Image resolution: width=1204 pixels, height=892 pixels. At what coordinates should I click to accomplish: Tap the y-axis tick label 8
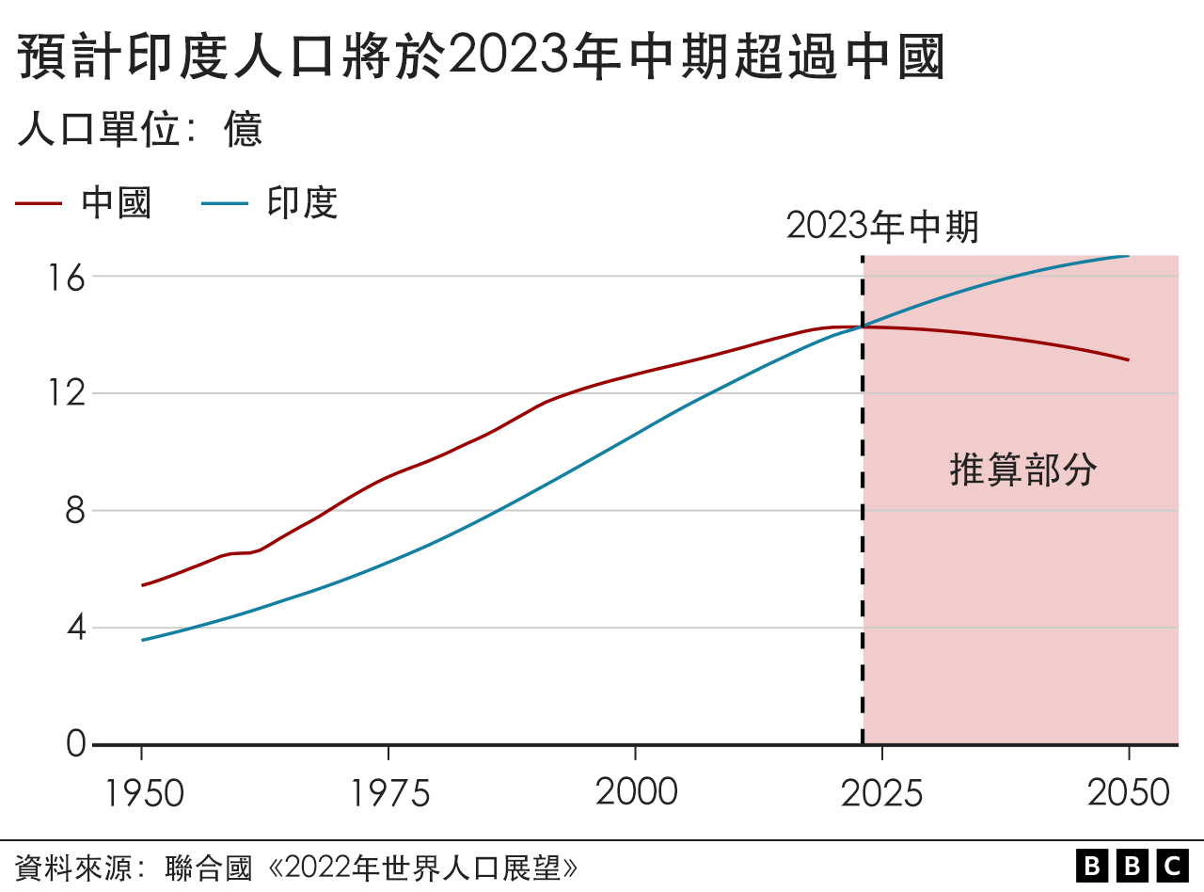pos(75,511)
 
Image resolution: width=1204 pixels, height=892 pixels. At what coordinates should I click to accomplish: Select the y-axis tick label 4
pos(75,628)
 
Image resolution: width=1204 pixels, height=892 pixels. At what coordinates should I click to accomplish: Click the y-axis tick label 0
pos(75,745)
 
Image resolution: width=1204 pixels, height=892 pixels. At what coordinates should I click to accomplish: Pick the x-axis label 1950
pos(142,793)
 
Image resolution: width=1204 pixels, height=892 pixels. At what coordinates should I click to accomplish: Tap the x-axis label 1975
pos(389,793)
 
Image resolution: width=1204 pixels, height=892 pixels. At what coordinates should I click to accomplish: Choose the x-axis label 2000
pos(636,792)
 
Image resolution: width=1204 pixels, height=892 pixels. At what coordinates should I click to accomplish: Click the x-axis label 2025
pos(882,793)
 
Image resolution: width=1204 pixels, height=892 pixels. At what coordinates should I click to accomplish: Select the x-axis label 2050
pos(1129,793)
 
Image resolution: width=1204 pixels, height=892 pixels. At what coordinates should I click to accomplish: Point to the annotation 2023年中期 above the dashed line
pos(882,227)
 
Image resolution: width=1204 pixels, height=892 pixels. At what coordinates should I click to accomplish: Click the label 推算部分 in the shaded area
pos(1023,470)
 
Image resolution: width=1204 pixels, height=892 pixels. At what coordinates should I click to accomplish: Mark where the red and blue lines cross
pos(863,327)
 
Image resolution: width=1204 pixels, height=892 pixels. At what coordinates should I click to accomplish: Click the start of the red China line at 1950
pos(143,585)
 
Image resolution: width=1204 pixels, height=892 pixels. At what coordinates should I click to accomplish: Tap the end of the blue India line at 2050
pos(1128,255)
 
